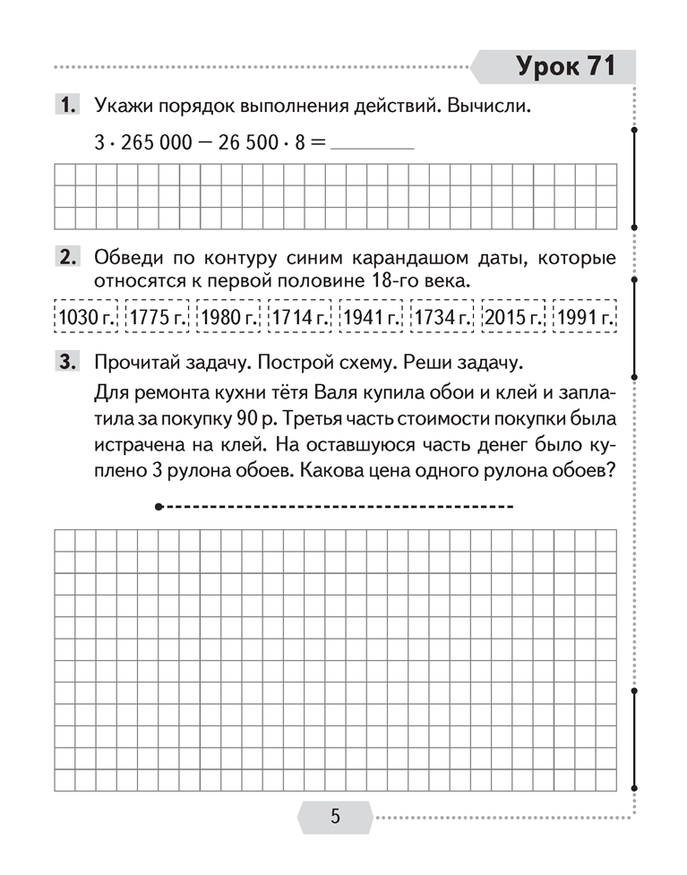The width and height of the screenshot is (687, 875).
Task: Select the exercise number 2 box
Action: click(x=67, y=259)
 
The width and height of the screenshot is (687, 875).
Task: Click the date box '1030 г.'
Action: click(x=83, y=316)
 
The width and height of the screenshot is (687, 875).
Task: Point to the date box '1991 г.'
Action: click(x=585, y=316)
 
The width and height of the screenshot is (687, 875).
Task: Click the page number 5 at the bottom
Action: click(x=335, y=817)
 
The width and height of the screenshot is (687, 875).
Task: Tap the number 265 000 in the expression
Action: click(x=154, y=143)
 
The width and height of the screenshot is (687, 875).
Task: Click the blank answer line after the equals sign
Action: click(x=372, y=146)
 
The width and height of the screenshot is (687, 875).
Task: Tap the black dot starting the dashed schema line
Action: click(x=158, y=508)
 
